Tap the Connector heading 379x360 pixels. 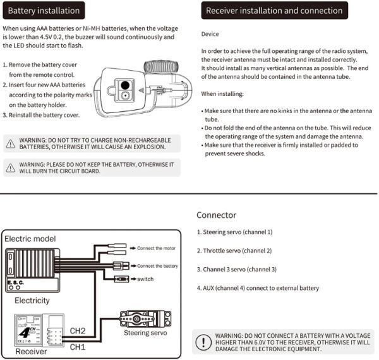tap(217, 215)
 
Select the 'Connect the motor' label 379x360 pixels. tap(155, 248)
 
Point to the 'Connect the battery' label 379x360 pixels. tap(157, 266)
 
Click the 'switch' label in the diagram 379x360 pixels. tap(145, 279)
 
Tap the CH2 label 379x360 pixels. tap(78, 330)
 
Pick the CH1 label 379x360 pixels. tap(78, 347)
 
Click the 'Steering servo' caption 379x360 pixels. tap(145, 332)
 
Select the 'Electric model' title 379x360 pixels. tap(30, 239)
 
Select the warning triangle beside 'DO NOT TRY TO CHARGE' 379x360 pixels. tap(11, 143)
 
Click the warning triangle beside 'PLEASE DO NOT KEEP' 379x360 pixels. tap(11, 167)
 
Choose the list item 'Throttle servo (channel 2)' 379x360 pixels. tap(234, 251)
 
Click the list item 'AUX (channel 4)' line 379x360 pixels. tap(258, 288)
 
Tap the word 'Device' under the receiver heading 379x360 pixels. tap(210, 33)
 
